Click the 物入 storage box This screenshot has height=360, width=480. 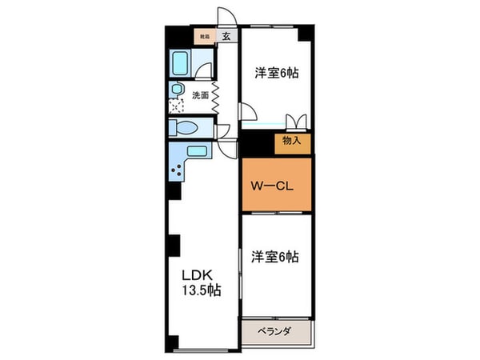[x=291, y=141]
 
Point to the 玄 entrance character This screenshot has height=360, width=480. [x=226, y=36]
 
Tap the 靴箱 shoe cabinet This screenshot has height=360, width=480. [x=206, y=36]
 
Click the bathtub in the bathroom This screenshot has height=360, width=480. [x=181, y=64]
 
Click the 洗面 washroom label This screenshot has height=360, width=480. [x=201, y=95]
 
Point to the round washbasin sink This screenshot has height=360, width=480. [x=177, y=90]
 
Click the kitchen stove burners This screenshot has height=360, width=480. [x=177, y=170]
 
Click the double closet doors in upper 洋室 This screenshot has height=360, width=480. [x=295, y=121]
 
